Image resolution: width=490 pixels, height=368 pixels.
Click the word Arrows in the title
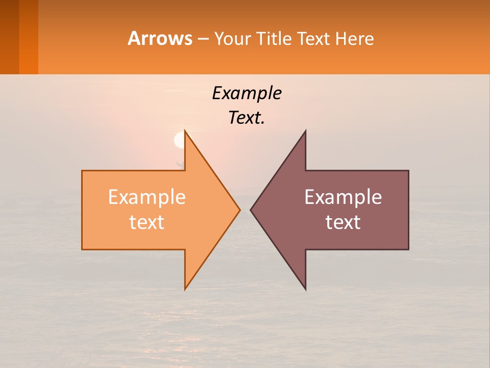coord(159,38)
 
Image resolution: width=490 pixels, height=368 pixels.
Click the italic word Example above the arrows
coord(247,94)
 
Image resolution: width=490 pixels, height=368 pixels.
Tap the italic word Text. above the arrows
coord(247,118)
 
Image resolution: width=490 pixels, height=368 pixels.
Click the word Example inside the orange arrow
coord(147,197)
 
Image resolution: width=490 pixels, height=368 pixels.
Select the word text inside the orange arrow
coord(147,222)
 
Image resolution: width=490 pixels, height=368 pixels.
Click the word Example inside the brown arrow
coord(343,197)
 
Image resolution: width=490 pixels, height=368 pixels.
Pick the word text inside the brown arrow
coord(343,222)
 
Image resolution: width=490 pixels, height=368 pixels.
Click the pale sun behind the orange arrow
coord(179,140)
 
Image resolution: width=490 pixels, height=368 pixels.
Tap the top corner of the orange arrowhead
coord(185,132)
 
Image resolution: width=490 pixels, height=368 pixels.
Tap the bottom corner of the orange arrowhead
coord(185,288)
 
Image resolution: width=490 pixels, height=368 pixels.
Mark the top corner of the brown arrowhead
coord(305,132)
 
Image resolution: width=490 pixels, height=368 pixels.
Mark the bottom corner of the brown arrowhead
coord(305,288)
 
